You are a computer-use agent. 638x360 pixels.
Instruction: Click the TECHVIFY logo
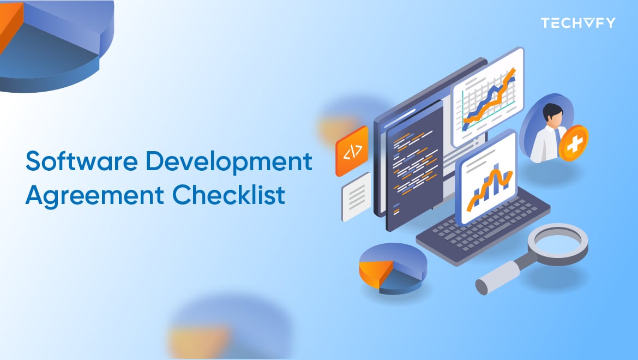click(577, 23)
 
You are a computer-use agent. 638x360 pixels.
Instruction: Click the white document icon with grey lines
click(356, 196)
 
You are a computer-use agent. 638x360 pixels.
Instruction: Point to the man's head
click(552, 114)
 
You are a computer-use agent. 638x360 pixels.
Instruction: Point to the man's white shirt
click(545, 145)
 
